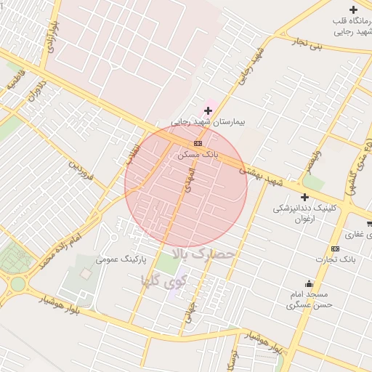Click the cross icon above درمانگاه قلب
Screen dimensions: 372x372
(x=354, y=9)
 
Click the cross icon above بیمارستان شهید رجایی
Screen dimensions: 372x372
(x=209, y=110)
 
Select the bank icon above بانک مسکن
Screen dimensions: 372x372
(x=198, y=143)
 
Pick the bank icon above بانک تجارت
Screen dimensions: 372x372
(x=335, y=248)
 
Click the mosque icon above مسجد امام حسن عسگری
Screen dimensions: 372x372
(x=308, y=284)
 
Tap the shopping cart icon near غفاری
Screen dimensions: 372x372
(x=369, y=235)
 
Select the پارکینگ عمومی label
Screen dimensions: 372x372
(x=123, y=259)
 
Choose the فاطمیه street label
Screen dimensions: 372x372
(x=17, y=79)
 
